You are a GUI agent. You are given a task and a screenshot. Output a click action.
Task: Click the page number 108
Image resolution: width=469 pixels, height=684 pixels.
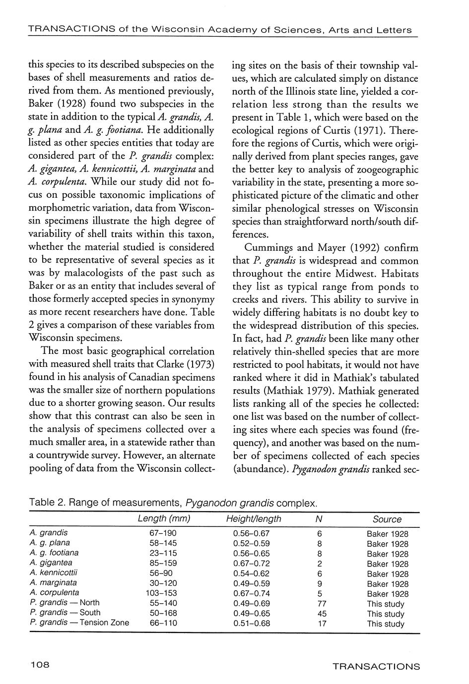pyautogui.click(x=40, y=666)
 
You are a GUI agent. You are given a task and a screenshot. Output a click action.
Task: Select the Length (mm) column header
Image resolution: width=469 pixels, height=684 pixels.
pyautogui.click(x=164, y=519)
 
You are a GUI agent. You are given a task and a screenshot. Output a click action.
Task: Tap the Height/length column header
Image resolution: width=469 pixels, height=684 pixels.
pyautogui.click(x=253, y=519)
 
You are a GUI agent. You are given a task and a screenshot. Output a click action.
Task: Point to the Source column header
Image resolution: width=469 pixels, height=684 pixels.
pyautogui.click(x=387, y=519)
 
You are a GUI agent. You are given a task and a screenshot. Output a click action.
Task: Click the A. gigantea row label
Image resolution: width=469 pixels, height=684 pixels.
pyautogui.click(x=51, y=563)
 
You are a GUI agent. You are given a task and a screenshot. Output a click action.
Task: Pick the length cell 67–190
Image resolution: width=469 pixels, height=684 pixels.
pyautogui.click(x=163, y=533)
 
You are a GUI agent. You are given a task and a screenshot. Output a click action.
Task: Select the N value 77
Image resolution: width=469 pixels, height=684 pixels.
pyautogui.click(x=322, y=604)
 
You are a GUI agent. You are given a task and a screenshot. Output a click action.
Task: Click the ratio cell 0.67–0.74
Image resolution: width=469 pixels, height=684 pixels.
pyautogui.click(x=251, y=593)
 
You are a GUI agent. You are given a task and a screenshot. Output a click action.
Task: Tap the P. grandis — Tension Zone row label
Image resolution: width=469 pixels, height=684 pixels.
pyautogui.click(x=79, y=623)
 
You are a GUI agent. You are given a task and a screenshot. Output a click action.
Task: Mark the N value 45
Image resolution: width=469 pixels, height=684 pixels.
pyautogui.click(x=322, y=614)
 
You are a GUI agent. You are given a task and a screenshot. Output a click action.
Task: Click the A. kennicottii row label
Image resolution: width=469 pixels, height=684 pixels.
pyautogui.click(x=54, y=572)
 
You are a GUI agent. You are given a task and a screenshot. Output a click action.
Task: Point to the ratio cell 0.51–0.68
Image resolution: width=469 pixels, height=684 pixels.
pyautogui.click(x=251, y=624)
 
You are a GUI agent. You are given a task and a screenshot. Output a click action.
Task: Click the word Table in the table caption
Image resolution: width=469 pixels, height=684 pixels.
pyautogui.click(x=41, y=503)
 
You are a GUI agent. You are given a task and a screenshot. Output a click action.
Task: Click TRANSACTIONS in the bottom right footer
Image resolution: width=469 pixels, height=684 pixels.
pyautogui.click(x=376, y=667)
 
